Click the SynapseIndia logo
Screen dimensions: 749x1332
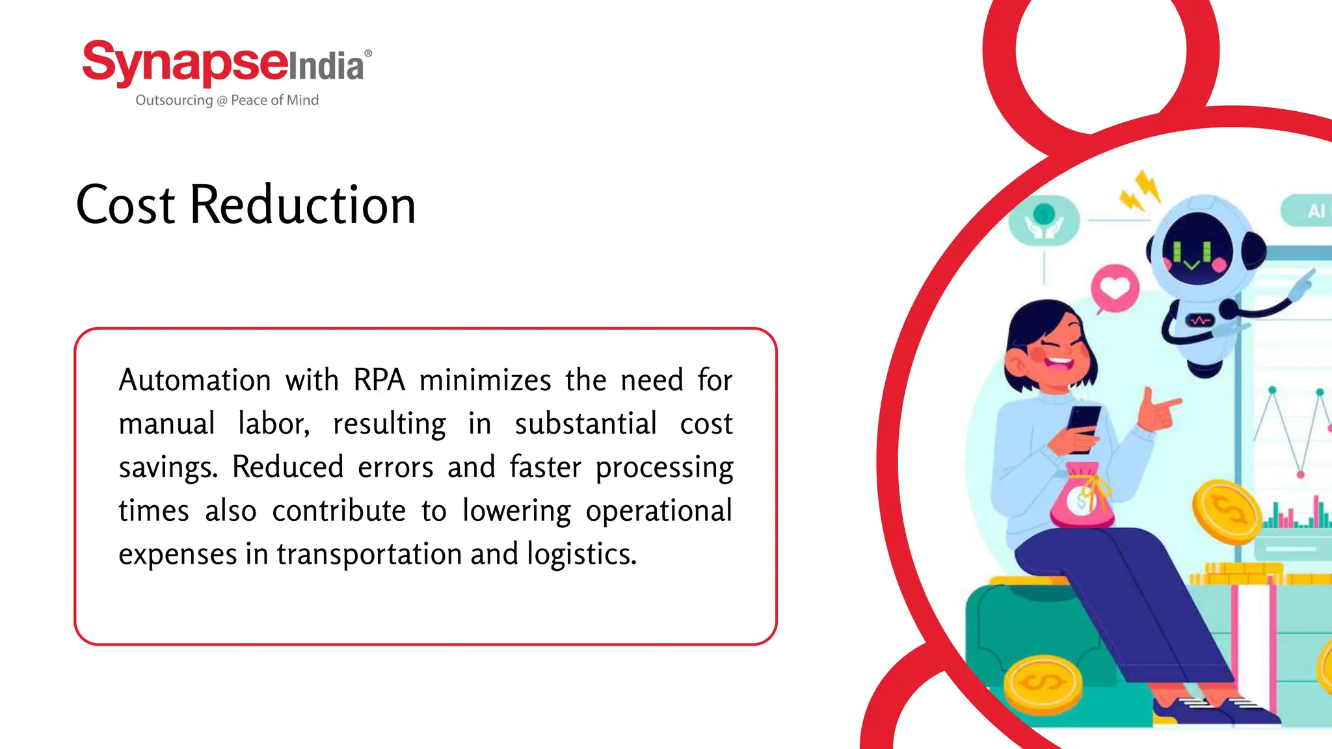[226, 63]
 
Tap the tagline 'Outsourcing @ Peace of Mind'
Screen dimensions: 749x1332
[227, 100]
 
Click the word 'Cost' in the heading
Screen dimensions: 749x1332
[126, 205]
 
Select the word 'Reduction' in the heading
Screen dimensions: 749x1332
[302, 205]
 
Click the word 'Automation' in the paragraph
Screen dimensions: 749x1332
[194, 380]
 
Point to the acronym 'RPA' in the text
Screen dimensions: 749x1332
[379, 380]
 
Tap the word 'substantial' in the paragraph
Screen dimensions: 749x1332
[585, 424]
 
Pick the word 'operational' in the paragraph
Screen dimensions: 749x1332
[658, 510]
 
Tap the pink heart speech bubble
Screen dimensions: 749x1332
[1115, 288]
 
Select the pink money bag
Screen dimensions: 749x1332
[1081, 497]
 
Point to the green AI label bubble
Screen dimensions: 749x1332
[1307, 211]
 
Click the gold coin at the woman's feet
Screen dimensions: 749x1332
[1043, 684]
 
